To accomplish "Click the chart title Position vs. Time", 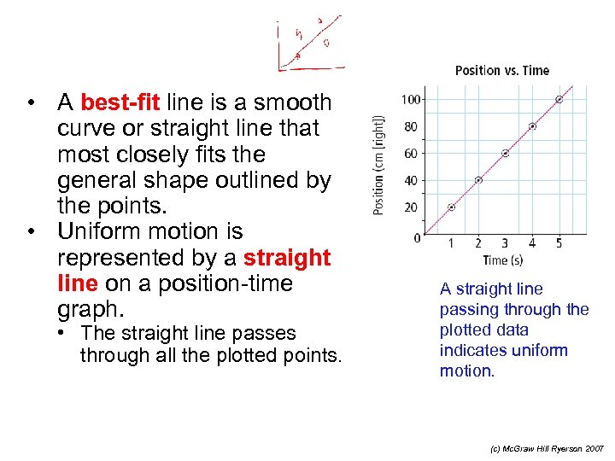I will (x=501, y=71).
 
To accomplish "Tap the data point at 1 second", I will (x=452, y=207).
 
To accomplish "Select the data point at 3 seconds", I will (x=505, y=154).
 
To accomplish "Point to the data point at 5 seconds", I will (x=559, y=100).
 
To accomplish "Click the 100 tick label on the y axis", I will (x=410, y=100).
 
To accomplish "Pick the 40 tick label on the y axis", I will (x=411, y=180).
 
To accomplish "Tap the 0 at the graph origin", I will (x=417, y=237).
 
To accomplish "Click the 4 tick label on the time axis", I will (x=532, y=244).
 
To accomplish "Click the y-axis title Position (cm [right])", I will (x=379, y=167).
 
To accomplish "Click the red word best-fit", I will (x=120, y=103).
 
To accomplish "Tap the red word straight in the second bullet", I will (x=287, y=258).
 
